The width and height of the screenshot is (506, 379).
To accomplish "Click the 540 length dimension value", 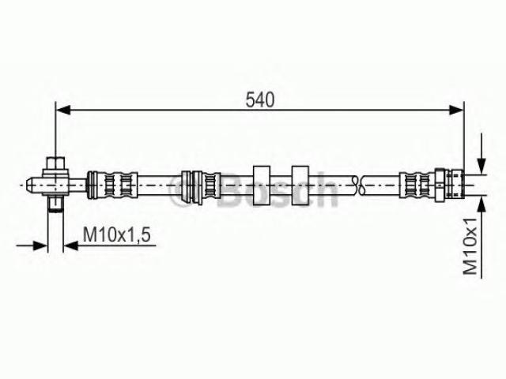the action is pos(260,99).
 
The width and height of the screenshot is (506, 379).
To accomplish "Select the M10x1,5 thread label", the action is pos(117,235).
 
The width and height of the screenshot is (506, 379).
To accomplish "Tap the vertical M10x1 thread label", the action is pos(470,246).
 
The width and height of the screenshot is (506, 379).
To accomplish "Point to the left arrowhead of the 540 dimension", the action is pos(63,110).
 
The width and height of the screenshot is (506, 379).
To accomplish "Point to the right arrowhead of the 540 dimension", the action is pos(456,110).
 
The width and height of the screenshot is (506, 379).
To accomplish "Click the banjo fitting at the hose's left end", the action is pos(55,185).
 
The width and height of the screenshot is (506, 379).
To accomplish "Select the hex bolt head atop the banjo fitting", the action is pos(55,163).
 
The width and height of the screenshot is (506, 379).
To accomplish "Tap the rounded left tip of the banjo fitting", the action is pos(28,185).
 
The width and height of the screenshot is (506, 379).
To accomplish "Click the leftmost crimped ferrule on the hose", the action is pos(112,185).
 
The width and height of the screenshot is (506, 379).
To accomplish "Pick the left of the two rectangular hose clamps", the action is pos(262,186).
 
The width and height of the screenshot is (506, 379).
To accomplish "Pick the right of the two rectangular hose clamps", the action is pos(300,186).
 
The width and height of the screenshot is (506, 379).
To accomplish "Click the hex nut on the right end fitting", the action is pos(440,185).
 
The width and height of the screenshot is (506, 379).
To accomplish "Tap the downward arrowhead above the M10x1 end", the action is pos(481,167).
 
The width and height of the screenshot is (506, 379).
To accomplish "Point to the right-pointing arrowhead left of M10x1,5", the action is pos(40,246).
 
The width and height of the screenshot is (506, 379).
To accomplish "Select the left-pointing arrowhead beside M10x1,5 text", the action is pos(70,246).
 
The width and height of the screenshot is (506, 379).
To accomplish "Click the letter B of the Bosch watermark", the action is pos(232,190).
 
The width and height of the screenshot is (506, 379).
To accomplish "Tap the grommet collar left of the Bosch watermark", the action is pos(192,187).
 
